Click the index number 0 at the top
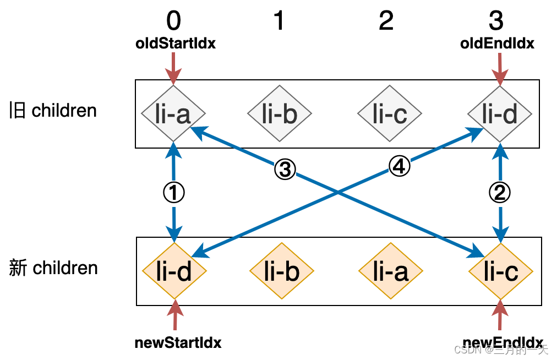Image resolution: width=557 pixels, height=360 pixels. pyautogui.click(x=173, y=21)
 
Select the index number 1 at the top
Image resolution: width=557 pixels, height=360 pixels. pyautogui.click(x=279, y=21)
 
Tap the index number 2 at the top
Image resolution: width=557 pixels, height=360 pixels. pyautogui.click(x=386, y=21)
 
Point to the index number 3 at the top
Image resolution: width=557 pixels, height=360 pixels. pyautogui.click(x=496, y=21)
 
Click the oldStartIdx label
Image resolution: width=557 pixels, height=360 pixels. pyautogui.click(x=176, y=43)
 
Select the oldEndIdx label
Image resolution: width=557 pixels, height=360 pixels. pyautogui.click(x=497, y=43)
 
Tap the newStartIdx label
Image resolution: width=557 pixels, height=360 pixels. pyautogui.click(x=178, y=342)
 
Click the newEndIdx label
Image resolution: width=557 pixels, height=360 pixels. pyautogui.click(x=504, y=342)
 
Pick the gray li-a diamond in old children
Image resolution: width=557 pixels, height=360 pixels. pyautogui.click(x=173, y=114)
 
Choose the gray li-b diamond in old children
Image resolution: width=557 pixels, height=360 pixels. pyautogui.click(x=280, y=114)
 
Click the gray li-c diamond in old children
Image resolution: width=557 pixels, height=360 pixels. pyautogui.click(x=390, y=114)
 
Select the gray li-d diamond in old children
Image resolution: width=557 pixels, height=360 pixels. pyautogui.click(x=500, y=114)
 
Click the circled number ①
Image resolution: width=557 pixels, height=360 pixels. pyautogui.click(x=174, y=193)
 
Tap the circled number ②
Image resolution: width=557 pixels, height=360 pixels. pyautogui.click(x=500, y=193)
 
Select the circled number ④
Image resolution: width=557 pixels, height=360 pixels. pyautogui.click(x=400, y=166)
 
